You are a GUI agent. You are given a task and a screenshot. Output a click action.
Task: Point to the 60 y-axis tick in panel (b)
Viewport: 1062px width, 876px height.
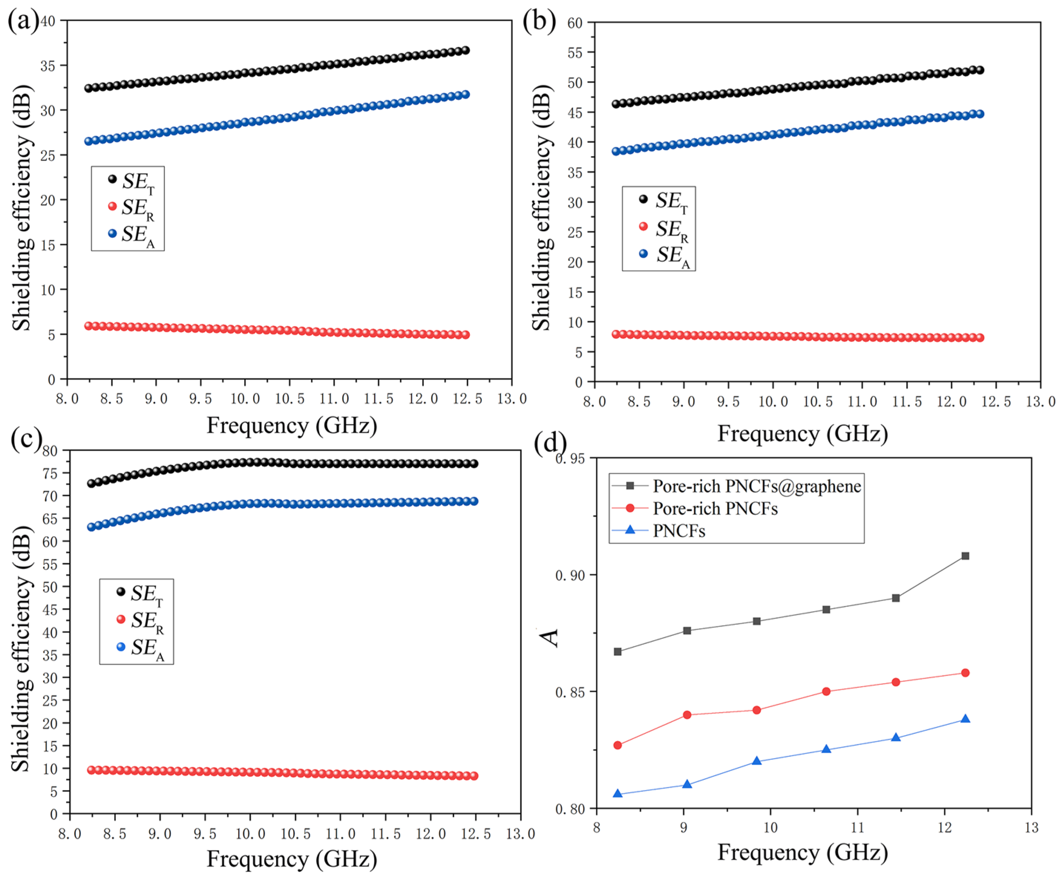click(575, 23)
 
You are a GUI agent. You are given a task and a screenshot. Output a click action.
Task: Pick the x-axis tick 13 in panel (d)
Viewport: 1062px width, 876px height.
click(1031, 827)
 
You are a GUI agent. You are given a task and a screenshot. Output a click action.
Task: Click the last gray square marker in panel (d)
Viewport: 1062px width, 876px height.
click(965, 556)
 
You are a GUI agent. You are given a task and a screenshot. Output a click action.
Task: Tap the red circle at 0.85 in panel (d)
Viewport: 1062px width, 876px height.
click(826, 691)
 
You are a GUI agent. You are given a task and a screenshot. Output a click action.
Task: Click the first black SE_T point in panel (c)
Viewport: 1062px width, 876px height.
click(91, 483)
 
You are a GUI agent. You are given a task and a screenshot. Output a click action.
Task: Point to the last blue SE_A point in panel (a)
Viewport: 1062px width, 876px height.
click(466, 94)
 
